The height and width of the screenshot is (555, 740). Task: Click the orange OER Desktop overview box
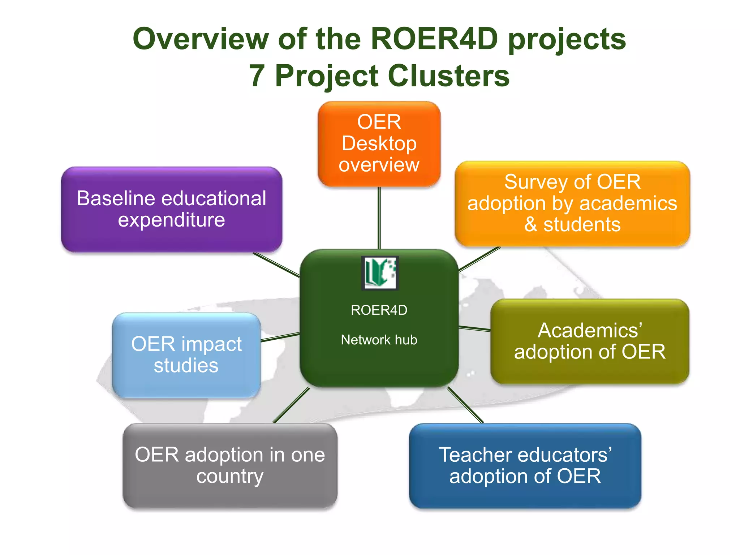(x=379, y=143)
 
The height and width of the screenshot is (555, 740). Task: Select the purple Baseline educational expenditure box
(x=171, y=209)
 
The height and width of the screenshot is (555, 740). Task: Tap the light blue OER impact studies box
(x=186, y=355)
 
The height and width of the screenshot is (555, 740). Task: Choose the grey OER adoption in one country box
(x=230, y=465)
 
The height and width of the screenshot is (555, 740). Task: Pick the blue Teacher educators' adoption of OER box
(x=525, y=466)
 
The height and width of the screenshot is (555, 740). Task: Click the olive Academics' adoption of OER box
(x=590, y=341)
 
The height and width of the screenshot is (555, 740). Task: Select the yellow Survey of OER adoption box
(x=572, y=203)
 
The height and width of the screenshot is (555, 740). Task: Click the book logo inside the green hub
(x=380, y=273)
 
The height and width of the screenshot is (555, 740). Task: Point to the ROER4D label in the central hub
(x=379, y=310)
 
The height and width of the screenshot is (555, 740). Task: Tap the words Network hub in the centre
(x=379, y=340)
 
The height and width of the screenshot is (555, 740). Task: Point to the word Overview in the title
(x=201, y=39)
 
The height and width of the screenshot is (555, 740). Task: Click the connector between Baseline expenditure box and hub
(x=276, y=265)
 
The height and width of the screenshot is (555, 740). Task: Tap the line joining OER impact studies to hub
(x=280, y=337)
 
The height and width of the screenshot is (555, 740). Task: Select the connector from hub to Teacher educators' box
(x=465, y=405)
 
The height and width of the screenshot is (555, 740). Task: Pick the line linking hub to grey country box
(x=291, y=405)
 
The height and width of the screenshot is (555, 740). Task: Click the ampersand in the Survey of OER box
(x=530, y=225)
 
